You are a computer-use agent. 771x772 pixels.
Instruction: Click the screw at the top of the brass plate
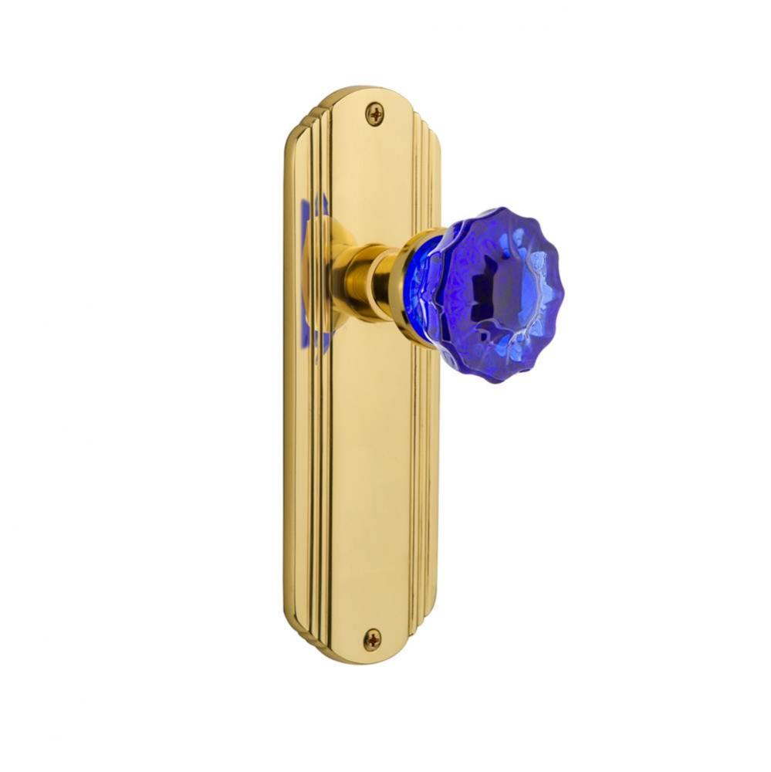click(374, 115)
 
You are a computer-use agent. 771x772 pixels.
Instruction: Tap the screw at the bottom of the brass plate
click(373, 638)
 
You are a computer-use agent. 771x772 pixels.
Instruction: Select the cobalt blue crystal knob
click(494, 293)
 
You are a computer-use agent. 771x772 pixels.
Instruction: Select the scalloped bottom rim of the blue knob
click(494, 374)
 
